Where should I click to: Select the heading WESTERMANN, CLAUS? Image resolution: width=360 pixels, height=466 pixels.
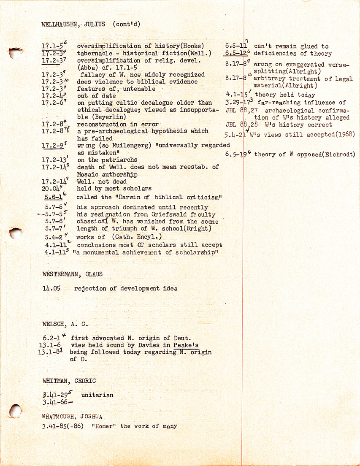tap(72, 274)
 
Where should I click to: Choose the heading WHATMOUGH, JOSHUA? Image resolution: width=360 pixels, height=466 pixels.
tap(72, 416)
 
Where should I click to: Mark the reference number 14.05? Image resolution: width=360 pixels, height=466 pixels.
tap(52, 289)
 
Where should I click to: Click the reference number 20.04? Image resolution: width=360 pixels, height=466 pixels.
tap(51, 189)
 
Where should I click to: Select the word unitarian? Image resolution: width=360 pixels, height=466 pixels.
tap(97, 396)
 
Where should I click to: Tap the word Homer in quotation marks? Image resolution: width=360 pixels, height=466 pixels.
tap(106, 426)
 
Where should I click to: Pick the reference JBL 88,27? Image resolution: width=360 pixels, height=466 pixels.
tap(239, 111)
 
